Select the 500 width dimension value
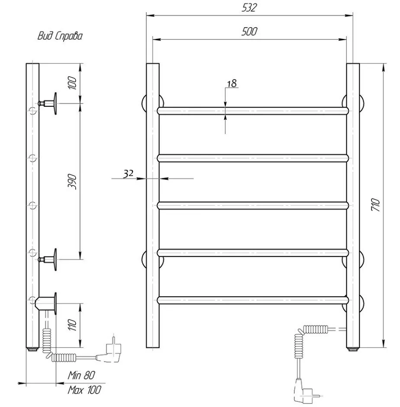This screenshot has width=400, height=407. [x=250, y=32]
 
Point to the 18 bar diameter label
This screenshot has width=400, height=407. [x=232, y=83]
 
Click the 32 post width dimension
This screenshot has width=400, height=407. [x=128, y=173]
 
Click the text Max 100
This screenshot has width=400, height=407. [x=84, y=390]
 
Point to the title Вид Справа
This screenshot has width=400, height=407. [x=60, y=36]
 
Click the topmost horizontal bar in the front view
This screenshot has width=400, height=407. [x=253, y=110]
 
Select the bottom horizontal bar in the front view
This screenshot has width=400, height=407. [x=253, y=300]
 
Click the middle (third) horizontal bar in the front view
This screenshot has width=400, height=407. [x=253, y=205]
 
